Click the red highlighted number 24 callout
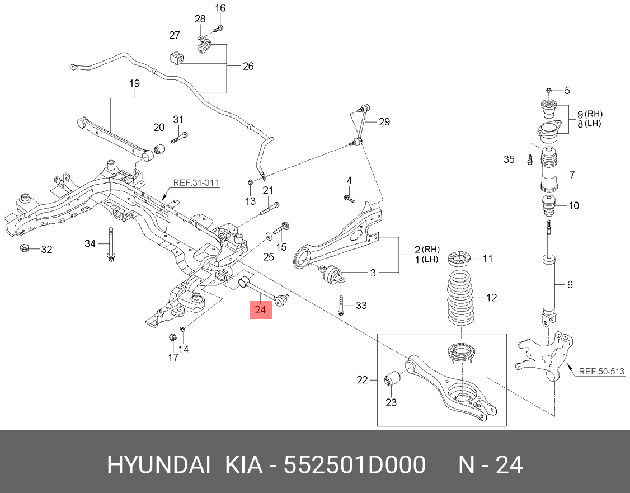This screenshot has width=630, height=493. pos(261,308)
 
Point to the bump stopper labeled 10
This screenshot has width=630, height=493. pos(549,206)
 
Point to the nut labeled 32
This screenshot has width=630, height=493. pos(25,248)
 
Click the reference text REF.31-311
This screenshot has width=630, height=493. pos(196,182)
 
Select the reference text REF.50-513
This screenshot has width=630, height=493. pos(601,371)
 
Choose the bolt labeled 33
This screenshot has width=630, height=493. pos(341,305)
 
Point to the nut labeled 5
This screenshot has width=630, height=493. pos(549,90)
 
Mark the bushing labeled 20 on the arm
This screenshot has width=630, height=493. pos(159,149)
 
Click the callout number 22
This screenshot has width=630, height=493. pos(363,381)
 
